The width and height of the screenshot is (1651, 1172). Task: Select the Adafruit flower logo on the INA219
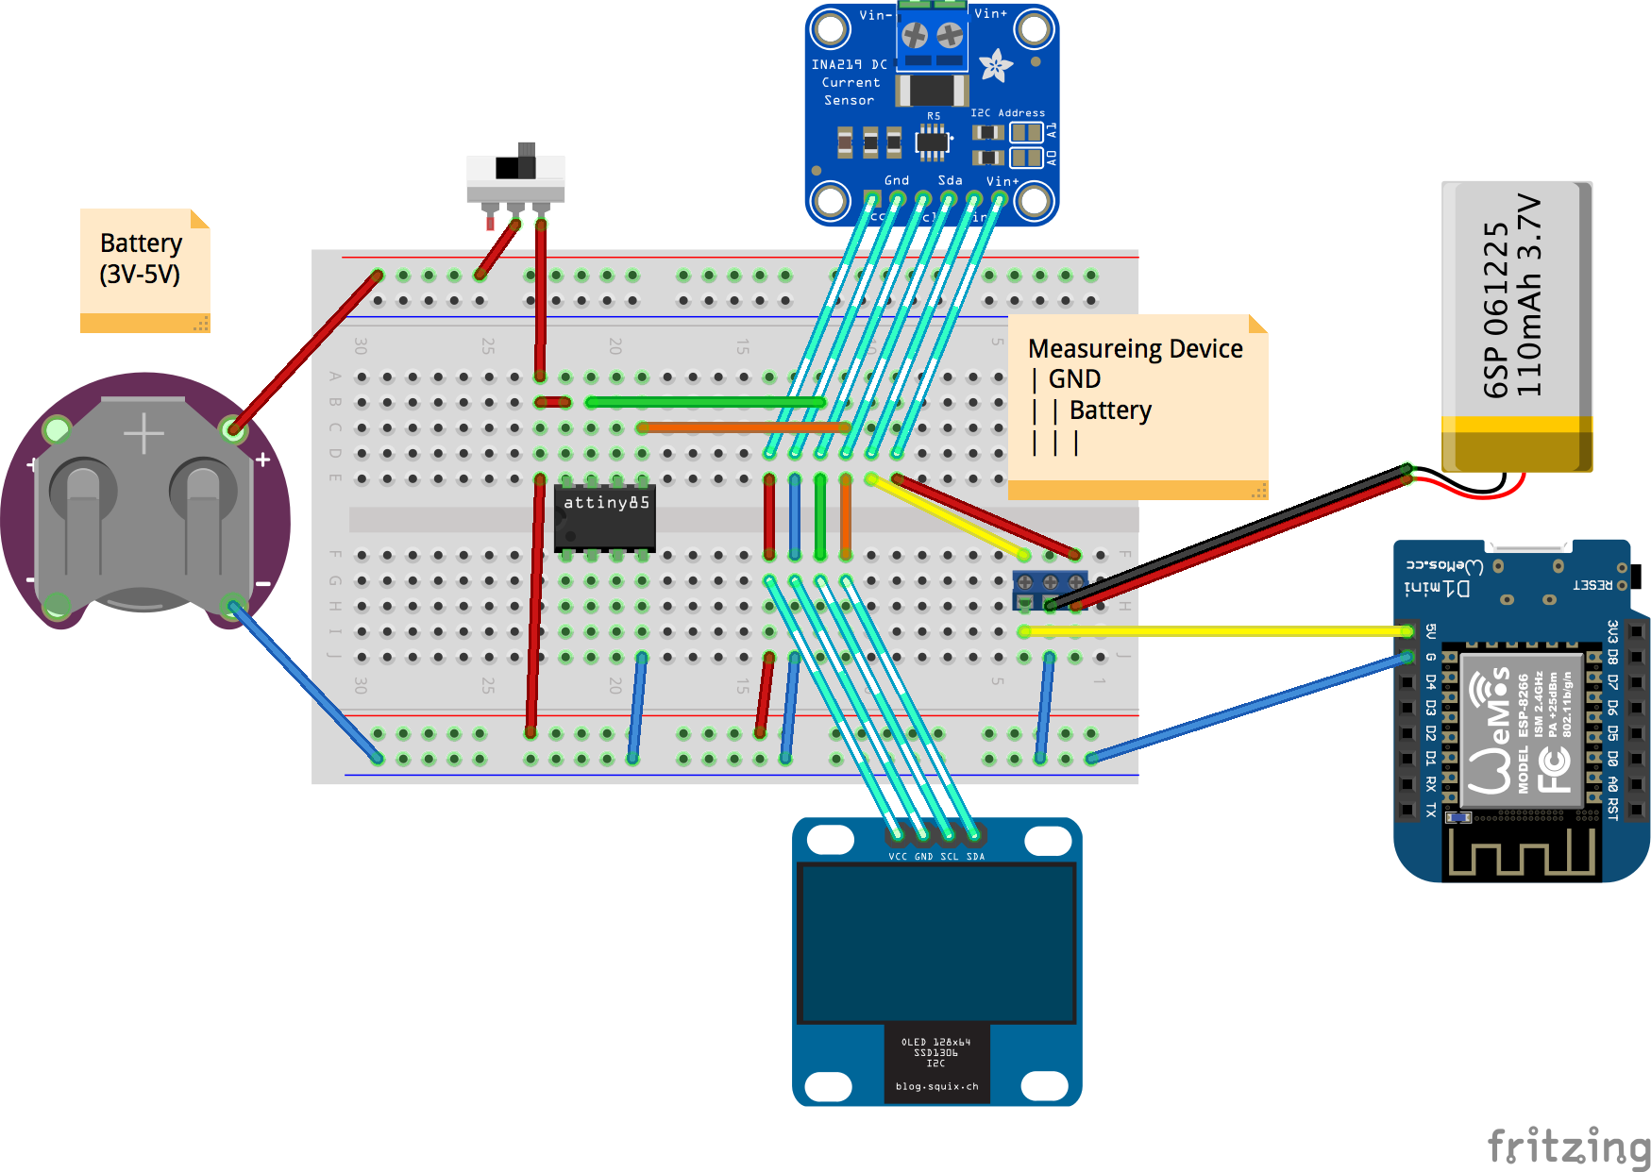(995, 65)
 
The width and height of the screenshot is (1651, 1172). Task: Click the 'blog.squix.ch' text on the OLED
(936, 1086)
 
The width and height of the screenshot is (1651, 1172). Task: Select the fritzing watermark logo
(1568, 1147)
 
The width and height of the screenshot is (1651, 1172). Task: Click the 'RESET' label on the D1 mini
(1592, 585)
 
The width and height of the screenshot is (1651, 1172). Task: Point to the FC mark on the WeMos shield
(1553, 768)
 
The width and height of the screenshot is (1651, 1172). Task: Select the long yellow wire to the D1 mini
(1218, 631)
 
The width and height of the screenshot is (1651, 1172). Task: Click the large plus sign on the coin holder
(143, 434)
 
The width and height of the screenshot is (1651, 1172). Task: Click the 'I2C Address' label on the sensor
(1007, 112)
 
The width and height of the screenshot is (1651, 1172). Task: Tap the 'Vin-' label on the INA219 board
(874, 15)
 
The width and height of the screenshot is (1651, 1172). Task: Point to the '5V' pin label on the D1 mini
(1430, 630)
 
